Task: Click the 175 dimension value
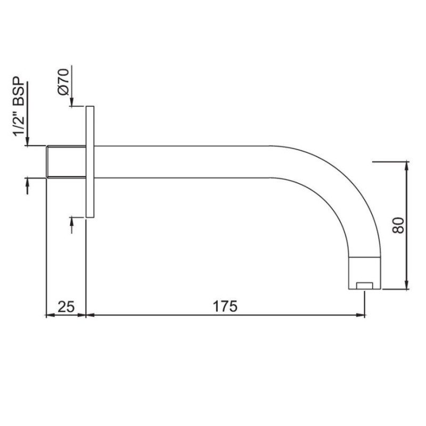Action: (225, 306)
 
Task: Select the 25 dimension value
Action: (66, 307)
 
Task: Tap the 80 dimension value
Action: (398, 225)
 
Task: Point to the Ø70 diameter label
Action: (63, 82)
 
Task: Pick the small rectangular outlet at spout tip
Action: (364, 286)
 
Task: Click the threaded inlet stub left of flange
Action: (66, 162)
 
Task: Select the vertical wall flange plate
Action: (90, 162)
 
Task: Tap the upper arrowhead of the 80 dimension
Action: (407, 166)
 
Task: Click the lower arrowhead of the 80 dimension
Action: (407, 285)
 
